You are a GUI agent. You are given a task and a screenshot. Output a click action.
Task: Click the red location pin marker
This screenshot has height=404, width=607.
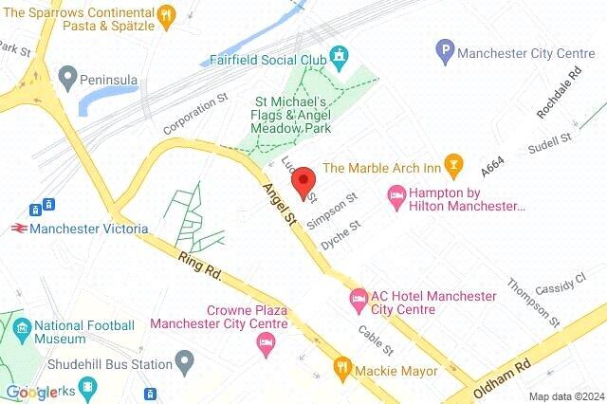tap(303, 181)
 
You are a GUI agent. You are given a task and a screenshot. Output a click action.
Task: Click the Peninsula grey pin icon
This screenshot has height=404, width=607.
tap(66, 75)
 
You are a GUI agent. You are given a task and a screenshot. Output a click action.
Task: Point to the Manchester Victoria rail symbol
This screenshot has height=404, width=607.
tap(18, 229)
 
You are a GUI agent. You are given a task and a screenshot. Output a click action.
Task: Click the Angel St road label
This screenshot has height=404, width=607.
tap(282, 205)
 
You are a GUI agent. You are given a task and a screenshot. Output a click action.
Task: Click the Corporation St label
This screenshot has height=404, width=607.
tap(196, 113)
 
